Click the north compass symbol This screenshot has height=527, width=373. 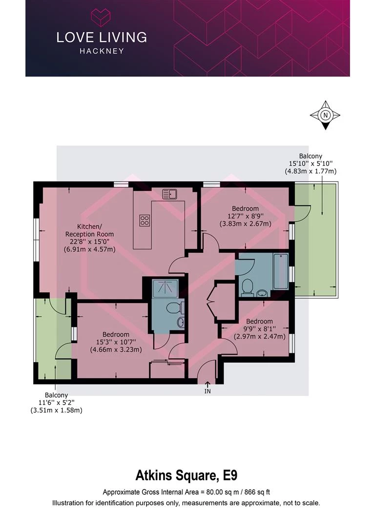(x=325, y=116)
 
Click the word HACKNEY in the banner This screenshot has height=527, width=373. (x=101, y=51)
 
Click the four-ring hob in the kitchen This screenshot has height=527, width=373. (x=145, y=220)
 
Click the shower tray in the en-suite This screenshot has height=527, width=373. (x=166, y=288)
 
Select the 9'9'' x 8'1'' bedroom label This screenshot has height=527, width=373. (x=259, y=329)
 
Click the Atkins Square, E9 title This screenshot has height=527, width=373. (x=186, y=474)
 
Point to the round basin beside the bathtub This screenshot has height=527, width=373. (x=263, y=293)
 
